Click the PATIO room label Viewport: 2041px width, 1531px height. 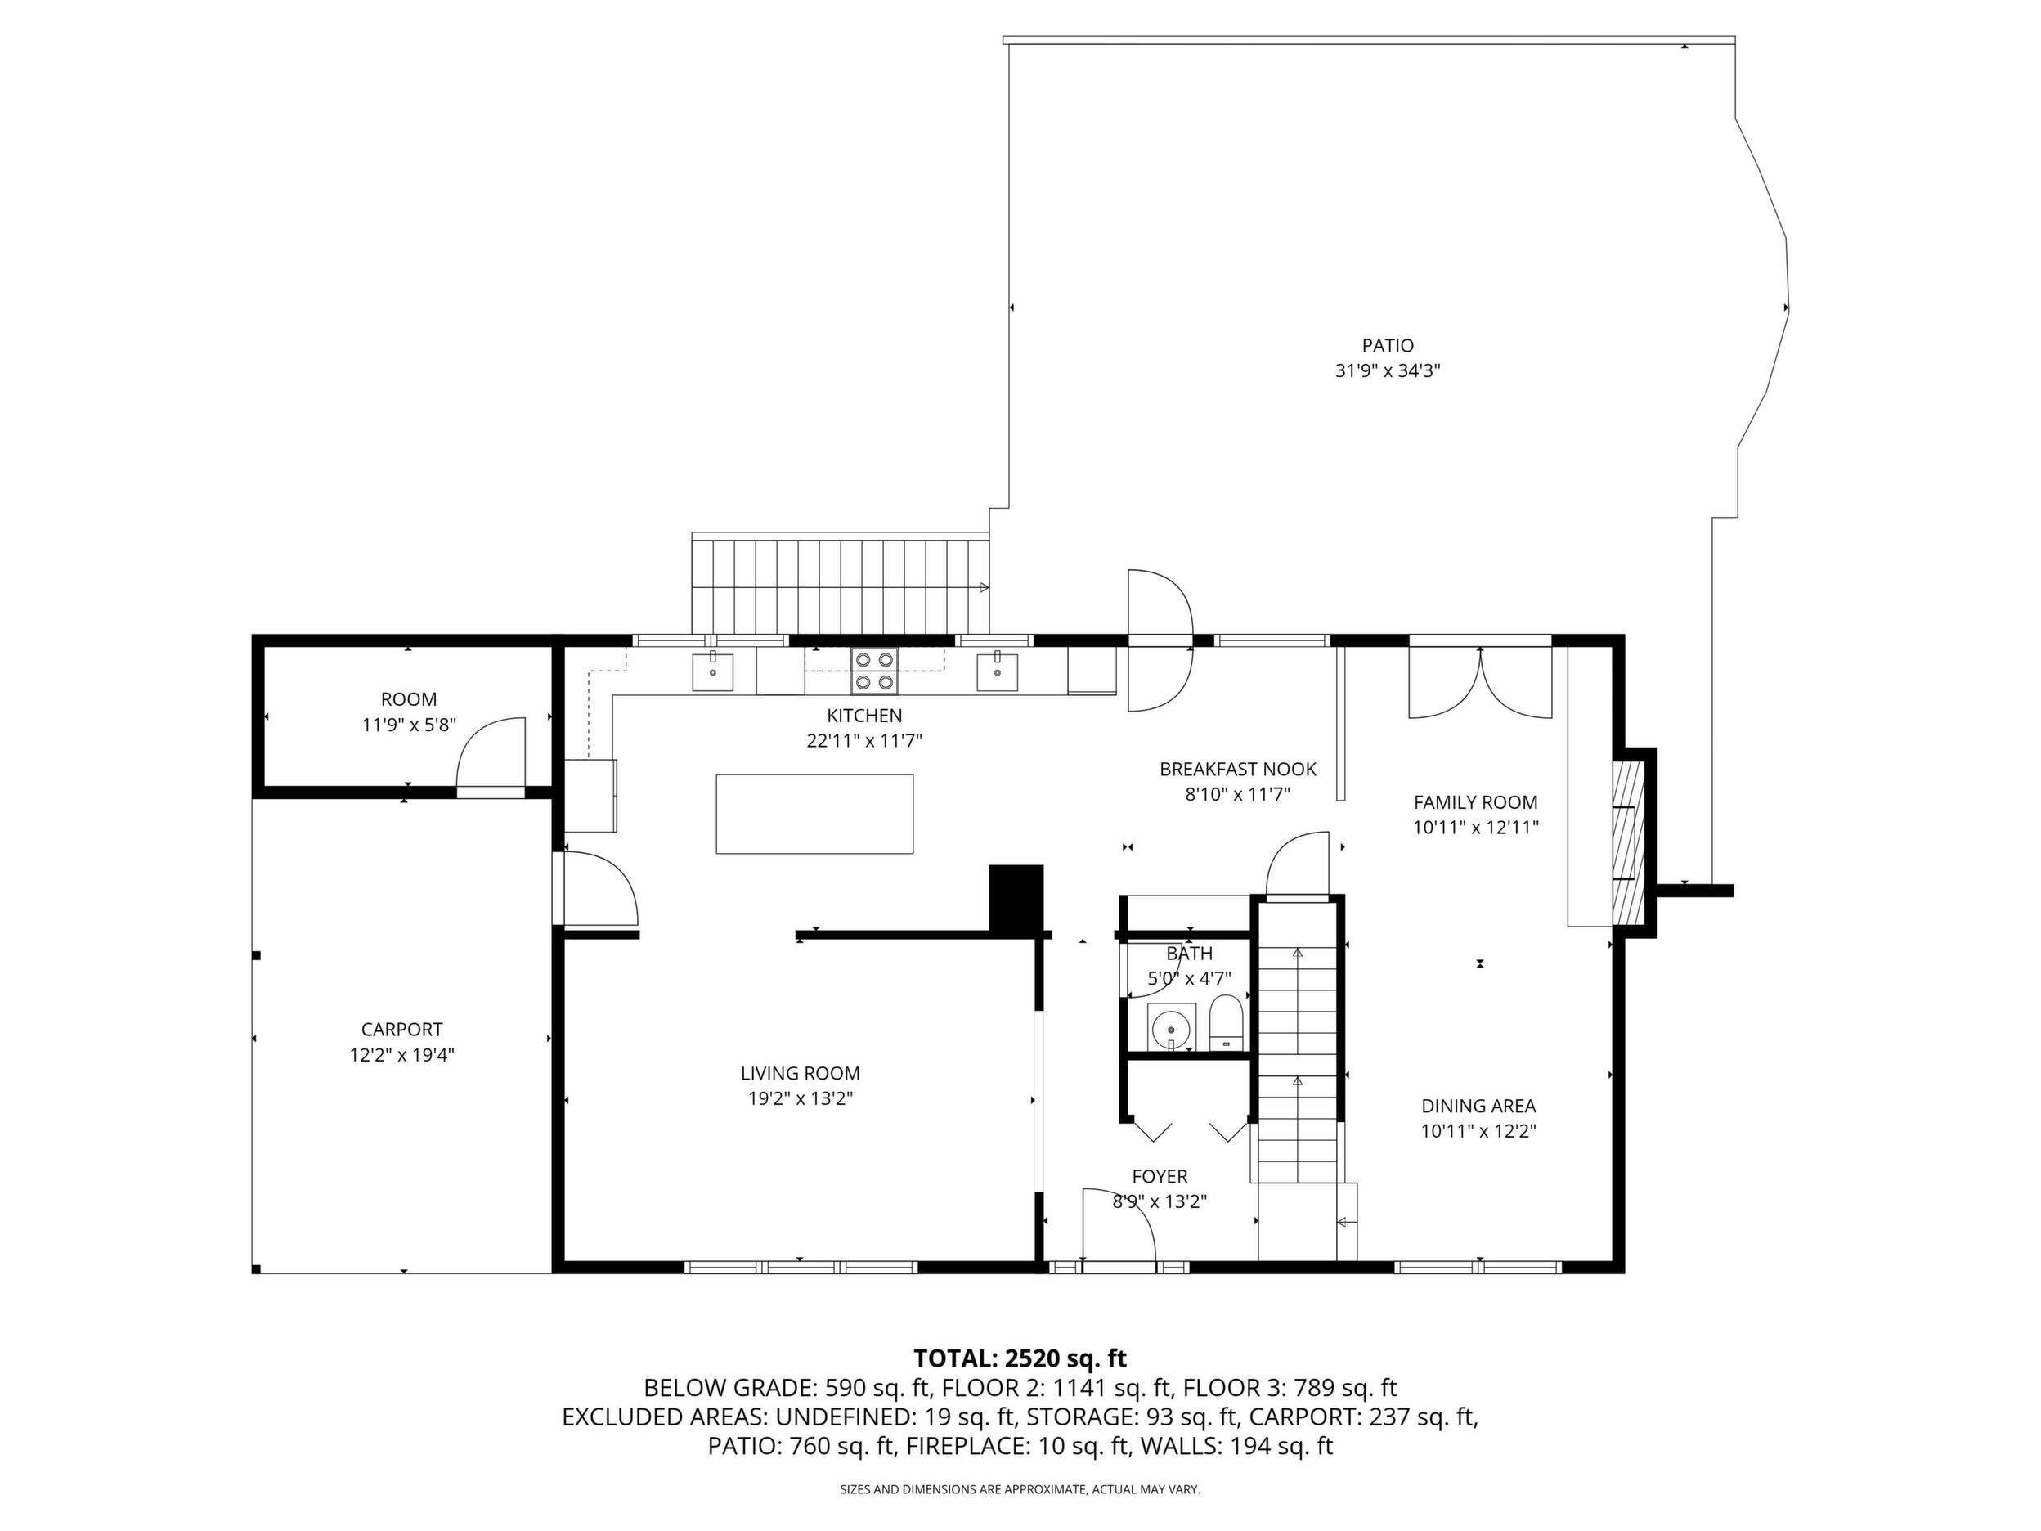tap(1388, 346)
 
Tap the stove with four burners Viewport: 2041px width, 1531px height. tap(875, 671)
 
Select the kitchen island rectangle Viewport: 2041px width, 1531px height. tap(814, 814)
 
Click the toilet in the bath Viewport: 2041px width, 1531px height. tap(1227, 1021)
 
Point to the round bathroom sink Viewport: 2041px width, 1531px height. tap(1172, 1026)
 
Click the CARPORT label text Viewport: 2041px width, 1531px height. tap(401, 1029)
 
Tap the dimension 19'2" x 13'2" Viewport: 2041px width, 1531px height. tap(800, 1098)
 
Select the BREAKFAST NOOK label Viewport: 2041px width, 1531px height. tap(1237, 769)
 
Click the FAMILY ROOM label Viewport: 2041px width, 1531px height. tap(1475, 802)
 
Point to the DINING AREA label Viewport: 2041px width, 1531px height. tap(1478, 1106)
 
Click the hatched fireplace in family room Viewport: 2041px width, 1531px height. tap(1629, 842)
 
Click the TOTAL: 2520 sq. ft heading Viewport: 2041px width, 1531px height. tap(1020, 1358)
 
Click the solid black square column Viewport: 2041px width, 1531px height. tap(1016, 898)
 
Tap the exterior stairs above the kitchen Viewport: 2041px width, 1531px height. tap(841, 583)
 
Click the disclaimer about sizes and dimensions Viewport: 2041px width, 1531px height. tap(1020, 1489)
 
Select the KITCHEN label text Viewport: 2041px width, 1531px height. tap(864, 716)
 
